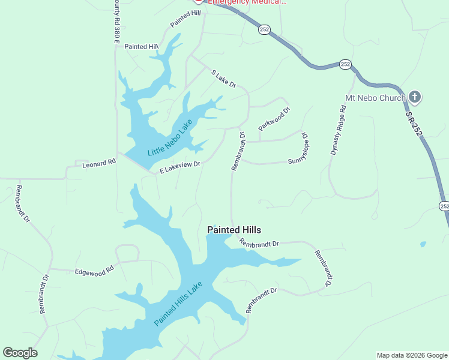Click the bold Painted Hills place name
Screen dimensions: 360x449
pyautogui.click(x=234, y=230)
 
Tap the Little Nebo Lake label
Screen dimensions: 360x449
pyautogui.click(x=170, y=137)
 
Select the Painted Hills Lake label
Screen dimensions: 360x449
pyautogui.click(x=179, y=304)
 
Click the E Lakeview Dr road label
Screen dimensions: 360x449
pyautogui.click(x=179, y=167)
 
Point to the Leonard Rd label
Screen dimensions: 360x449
pyautogui.click(x=98, y=163)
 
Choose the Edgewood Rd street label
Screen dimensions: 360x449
pyautogui.click(x=94, y=271)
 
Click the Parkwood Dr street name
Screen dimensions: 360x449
pyautogui.click(x=274, y=119)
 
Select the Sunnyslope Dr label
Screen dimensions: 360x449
pyautogui.click(x=298, y=150)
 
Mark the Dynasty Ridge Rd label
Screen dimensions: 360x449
pyautogui.click(x=338, y=130)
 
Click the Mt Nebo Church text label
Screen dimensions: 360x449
pyautogui.click(x=375, y=97)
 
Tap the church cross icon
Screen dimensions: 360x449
pyautogui.click(x=415, y=97)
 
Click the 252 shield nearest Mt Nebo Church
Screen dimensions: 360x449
pyautogui.click(x=345, y=64)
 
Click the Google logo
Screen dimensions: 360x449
pyautogui.click(x=20, y=353)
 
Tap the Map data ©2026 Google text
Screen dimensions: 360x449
pyautogui.click(x=411, y=355)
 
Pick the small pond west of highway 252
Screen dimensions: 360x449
pyautogui.click(x=424, y=245)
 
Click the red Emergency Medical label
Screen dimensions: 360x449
pyautogui.click(x=247, y=2)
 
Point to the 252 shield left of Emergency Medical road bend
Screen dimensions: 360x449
pyautogui.click(x=264, y=29)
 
